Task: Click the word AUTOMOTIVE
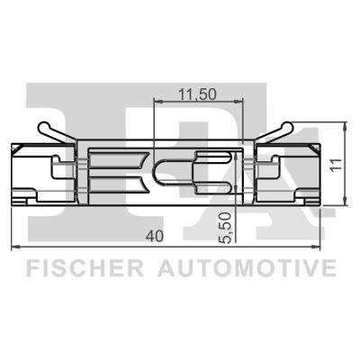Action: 247,268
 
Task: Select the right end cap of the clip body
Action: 317,170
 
